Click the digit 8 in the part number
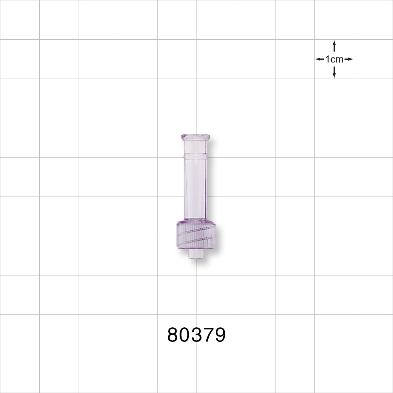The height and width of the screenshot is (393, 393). click(173, 335)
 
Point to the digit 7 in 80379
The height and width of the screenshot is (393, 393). click(208, 335)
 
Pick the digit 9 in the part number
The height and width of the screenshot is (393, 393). click(220, 335)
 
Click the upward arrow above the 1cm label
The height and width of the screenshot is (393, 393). click(334, 46)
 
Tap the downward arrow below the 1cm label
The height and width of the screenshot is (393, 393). click(334, 72)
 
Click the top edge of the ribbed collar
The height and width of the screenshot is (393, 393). click(196, 222)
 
